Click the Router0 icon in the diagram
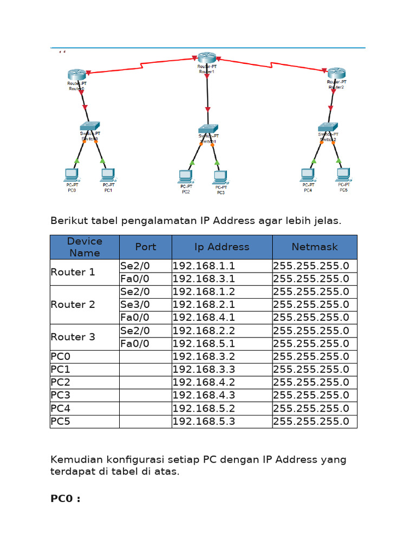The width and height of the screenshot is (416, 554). point(77,75)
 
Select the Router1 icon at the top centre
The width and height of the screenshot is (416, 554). point(206,58)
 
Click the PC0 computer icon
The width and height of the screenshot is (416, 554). point(71,174)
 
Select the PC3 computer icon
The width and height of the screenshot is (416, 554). point(219,176)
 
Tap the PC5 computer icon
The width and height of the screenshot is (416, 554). point(342,174)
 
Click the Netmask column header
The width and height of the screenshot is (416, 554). point(315,247)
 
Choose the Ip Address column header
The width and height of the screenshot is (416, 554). point(222,247)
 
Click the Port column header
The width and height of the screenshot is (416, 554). point(146,247)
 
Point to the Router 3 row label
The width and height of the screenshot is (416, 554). point(73,337)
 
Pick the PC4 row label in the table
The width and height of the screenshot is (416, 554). point(61,408)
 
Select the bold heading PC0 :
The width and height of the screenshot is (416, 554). point(66,499)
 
